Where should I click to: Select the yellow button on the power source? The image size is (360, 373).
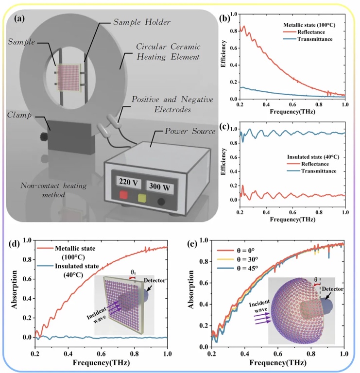(x=143, y=198)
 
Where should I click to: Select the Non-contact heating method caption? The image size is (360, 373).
(x=44, y=190)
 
